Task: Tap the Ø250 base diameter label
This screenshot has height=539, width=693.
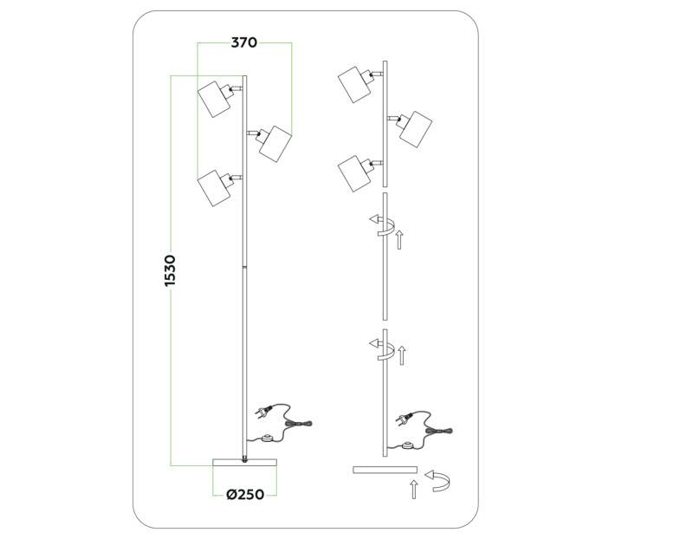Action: pyautogui.click(x=244, y=496)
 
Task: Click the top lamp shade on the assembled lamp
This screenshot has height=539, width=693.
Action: pyautogui.click(x=213, y=99)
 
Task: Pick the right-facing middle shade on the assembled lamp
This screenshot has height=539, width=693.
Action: pyautogui.click(x=275, y=141)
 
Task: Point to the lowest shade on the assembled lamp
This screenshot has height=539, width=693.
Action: pyautogui.click(x=213, y=187)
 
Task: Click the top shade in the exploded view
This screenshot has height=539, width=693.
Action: pyautogui.click(x=355, y=83)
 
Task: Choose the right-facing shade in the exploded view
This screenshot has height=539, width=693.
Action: pyautogui.click(x=415, y=128)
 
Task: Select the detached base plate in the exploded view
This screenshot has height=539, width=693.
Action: pyautogui.click(x=385, y=470)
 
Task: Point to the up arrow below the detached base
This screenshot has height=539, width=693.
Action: pyautogui.click(x=414, y=490)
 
